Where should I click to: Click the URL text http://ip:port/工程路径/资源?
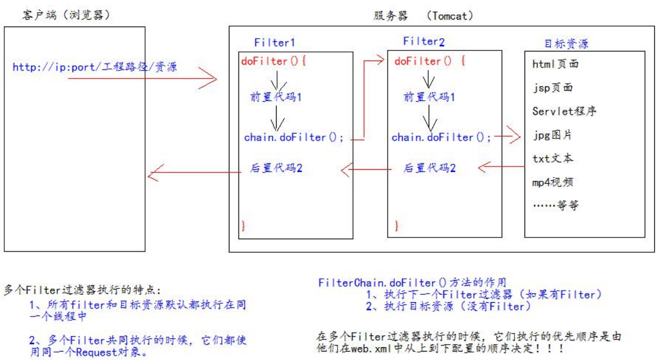pyautogui.click(x=95, y=67)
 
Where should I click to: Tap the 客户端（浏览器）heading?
pyautogui.click(x=66, y=15)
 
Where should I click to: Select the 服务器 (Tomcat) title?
pyautogui.click(x=423, y=15)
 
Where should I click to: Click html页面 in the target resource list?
pyautogui.click(x=555, y=64)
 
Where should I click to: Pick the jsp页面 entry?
pyautogui.click(x=553, y=88)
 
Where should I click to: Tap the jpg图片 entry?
pyautogui.click(x=552, y=135)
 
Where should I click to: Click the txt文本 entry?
pyautogui.click(x=553, y=158)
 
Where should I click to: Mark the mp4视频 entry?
pyautogui.click(x=553, y=182)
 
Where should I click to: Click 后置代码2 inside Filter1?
pyautogui.click(x=276, y=168)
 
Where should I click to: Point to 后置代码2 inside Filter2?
pyautogui.click(x=430, y=168)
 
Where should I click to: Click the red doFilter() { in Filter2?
pyautogui.click(x=430, y=62)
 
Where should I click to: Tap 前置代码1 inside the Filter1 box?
pyautogui.click(x=276, y=97)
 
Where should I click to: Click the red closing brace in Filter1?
pyautogui.click(x=243, y=225)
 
